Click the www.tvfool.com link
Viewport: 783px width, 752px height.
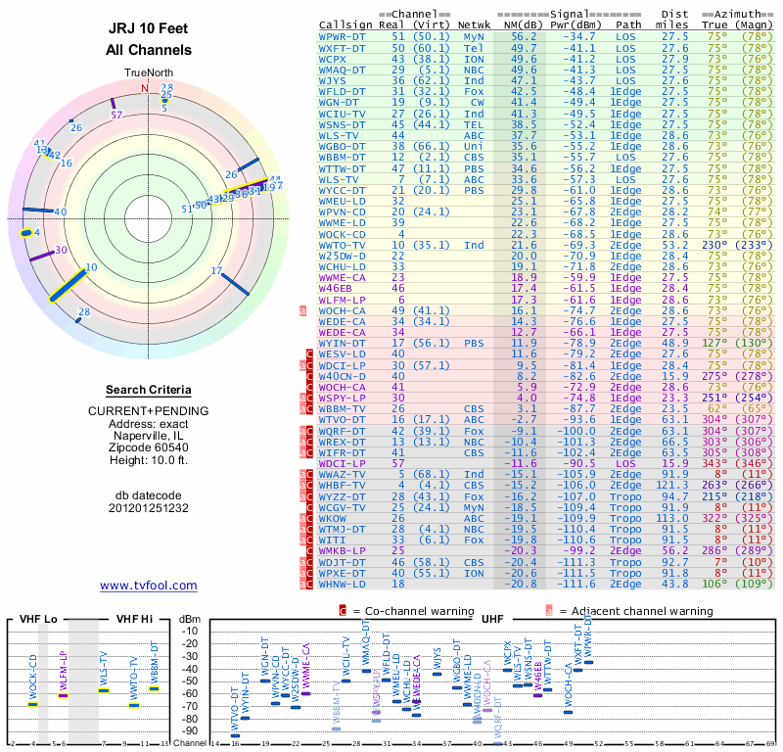(x=149, y=586)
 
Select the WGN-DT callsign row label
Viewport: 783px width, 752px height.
(x=340, y=101)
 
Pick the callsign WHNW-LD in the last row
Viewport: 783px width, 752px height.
(x=343, y=584)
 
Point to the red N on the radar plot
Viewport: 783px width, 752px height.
(x=145, y=88)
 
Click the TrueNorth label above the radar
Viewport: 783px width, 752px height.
(x=147, y=73)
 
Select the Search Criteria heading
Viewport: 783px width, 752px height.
(x=148, y=390)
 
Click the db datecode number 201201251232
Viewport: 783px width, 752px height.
(x=148, y=508)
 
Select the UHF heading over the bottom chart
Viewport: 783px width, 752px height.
(x=494, y=619)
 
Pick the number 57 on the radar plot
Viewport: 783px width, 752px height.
(x=117, y=115)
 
